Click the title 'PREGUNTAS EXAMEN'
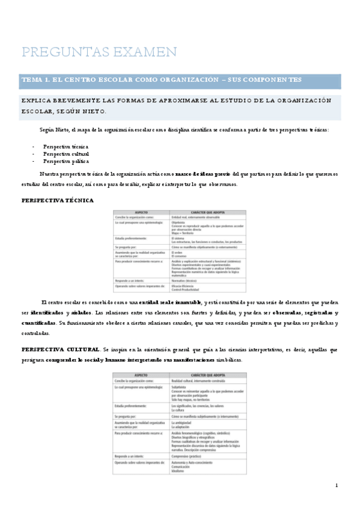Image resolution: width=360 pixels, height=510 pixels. (x=99, y=52)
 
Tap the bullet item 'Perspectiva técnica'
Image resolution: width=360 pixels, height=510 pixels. (x=66, y=146)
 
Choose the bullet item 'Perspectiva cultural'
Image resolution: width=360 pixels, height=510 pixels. (x=66, y=154)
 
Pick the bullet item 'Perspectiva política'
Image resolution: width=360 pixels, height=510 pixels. (x=65, y=161)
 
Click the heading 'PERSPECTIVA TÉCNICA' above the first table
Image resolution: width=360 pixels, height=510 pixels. (x=57, y=200)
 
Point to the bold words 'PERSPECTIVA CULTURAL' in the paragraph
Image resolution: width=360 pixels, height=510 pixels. (x=59, y=349)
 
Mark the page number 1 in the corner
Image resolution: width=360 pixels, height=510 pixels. (x=337, y=485)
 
